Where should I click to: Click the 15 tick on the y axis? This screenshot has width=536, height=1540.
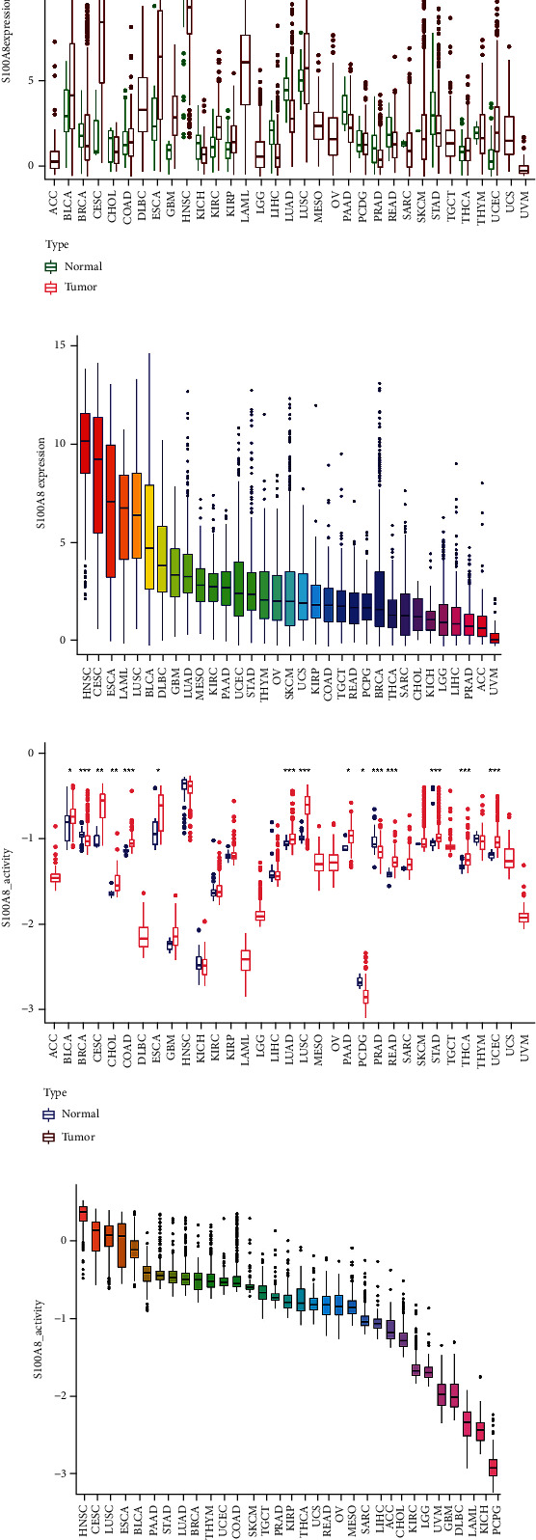click(x=60, y=344)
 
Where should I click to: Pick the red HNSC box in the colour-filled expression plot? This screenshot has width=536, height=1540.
click(x=85, y=443)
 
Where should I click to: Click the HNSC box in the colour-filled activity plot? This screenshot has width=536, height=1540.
click(x=83, y=1213)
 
